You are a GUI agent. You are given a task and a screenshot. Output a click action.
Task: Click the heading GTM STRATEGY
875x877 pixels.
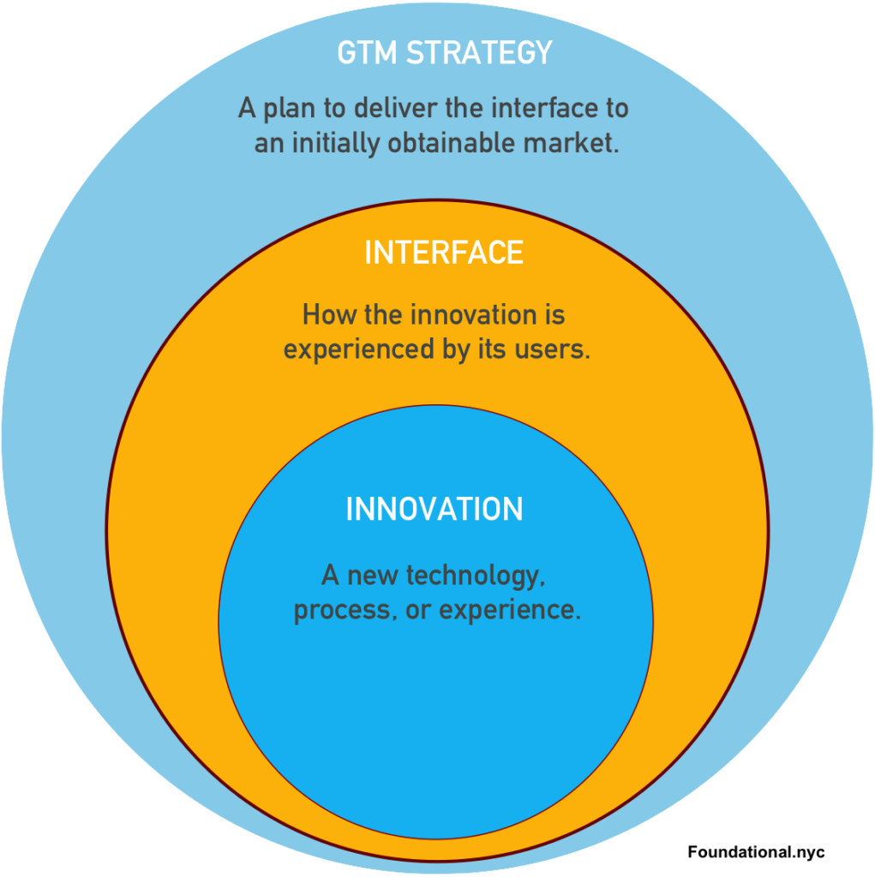tap(445, 52)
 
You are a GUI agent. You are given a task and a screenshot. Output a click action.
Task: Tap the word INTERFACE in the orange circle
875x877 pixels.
tap(444, 253)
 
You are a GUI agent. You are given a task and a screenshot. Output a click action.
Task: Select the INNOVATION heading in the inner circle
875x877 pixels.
tap(435, 509)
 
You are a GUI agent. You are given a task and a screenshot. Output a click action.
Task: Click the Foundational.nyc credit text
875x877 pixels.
tap(756, 852)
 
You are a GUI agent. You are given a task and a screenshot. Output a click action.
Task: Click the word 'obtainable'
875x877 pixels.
tap(452, 143)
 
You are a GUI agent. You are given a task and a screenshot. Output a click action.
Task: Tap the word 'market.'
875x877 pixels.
tap(571, 143)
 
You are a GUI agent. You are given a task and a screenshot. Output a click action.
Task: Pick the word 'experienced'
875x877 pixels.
tap(359, 350)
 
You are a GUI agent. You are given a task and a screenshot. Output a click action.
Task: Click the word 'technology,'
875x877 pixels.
tap(475, 576)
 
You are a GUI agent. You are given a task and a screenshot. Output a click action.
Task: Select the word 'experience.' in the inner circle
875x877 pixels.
tap(510, 610)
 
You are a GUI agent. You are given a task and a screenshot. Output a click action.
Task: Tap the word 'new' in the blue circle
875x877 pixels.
tap(372, 576)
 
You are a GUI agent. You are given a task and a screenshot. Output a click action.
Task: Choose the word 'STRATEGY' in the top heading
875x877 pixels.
tap(479, 52)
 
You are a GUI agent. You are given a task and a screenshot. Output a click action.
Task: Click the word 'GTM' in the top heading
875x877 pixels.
tap(367, 52)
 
